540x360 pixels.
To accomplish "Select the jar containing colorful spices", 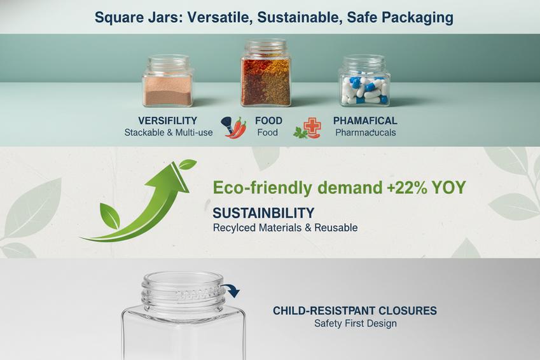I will pos(265,74).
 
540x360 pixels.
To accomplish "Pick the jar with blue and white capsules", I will pos(364,82).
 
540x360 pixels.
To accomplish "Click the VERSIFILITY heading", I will pos(167,120).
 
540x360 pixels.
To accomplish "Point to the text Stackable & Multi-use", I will pos(169,133).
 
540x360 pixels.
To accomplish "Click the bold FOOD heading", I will pos(268,120).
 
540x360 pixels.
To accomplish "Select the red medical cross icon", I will pos(312,126).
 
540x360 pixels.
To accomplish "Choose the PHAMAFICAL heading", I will pos(365,120).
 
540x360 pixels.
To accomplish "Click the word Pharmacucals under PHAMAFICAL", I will pos(365,133).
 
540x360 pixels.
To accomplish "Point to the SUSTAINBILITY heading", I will pos(263,213).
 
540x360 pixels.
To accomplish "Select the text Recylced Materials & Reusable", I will pos(285,227).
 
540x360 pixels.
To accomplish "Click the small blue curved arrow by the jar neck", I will pos(232,291).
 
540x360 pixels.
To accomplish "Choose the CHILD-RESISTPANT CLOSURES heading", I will pos(355,310).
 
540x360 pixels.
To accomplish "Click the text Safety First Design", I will pos(355,323).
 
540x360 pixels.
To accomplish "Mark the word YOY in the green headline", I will pos(448,188).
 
